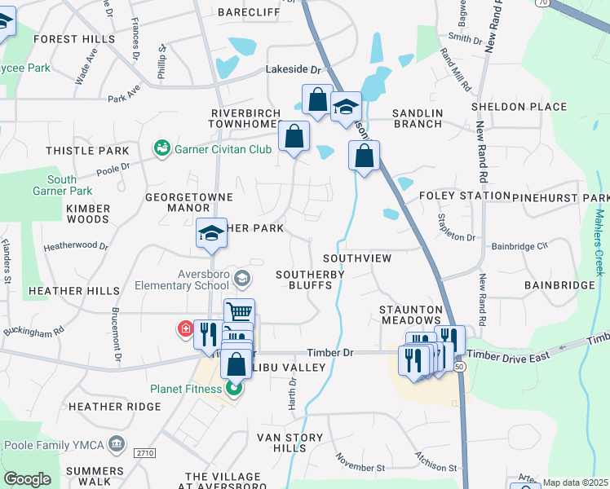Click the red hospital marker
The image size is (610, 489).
point(185,329)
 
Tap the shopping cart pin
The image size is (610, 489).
point(239,311)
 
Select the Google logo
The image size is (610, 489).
point(27,479)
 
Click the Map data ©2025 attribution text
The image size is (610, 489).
point(575,482)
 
